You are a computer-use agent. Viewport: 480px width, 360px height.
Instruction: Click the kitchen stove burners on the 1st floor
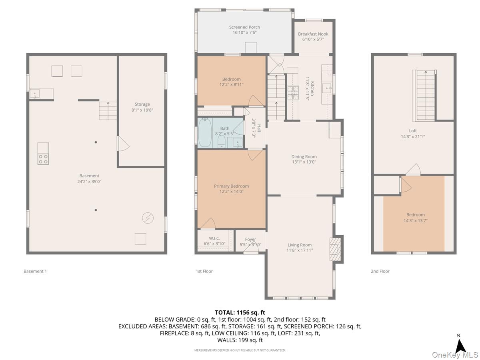292,92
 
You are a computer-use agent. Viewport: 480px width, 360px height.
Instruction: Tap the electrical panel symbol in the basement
148,218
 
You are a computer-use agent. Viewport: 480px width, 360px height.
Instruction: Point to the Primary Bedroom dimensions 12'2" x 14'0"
231,192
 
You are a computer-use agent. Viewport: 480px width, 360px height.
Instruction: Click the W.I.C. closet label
214,239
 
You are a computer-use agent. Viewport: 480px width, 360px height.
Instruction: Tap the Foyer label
250,239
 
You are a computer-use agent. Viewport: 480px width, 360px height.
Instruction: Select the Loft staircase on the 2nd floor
425,95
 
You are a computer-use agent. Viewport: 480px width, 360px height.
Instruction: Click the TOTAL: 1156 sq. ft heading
240,312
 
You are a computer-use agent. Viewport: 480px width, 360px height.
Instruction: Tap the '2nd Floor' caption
380,271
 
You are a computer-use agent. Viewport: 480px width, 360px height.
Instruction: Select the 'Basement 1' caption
35,271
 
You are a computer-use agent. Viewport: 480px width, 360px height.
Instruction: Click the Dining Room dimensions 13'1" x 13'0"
304,162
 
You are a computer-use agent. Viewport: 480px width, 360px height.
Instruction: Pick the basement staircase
108,111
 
